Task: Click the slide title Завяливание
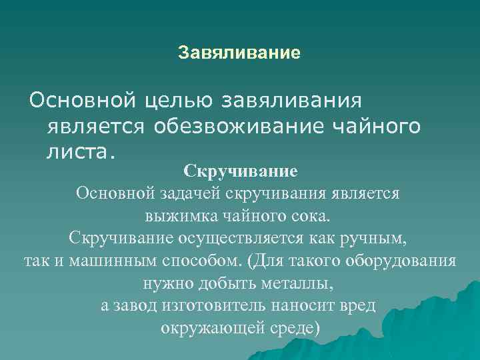point(239,52)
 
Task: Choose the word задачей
point(190,193)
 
